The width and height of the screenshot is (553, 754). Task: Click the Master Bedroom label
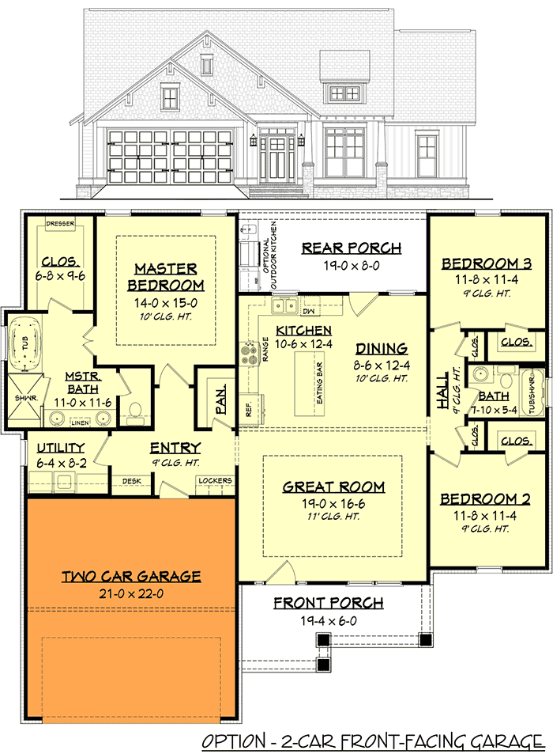[165, 277]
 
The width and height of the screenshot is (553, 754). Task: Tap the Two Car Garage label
[131, 576]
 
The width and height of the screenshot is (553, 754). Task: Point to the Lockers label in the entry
[215, 480]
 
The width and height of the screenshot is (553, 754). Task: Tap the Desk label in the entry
[131, 480]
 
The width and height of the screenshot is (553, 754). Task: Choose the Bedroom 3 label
[486, 263]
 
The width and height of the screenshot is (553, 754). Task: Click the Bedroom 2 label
[485, 499]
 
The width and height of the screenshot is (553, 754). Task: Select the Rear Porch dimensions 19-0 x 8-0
[352, 266]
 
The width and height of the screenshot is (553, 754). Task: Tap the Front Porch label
[329, 604]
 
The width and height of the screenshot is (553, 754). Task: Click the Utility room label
[61, 448]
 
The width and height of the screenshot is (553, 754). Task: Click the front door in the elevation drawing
[276, 156]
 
